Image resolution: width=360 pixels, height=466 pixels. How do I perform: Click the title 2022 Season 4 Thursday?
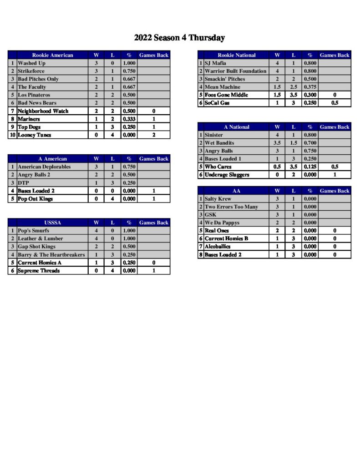[179, 38]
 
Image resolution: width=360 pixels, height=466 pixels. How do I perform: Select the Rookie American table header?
[52, 55]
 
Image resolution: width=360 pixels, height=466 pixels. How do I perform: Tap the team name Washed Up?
[31, 63]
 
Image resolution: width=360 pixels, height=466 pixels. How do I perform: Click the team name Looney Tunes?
[34, 135]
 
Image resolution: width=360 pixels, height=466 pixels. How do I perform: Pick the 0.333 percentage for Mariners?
[129, 119]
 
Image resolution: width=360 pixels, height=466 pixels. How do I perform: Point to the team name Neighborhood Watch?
[43, 111]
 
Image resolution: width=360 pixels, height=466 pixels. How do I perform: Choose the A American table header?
[52, 159]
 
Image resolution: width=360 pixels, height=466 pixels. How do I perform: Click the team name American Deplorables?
[44, 167]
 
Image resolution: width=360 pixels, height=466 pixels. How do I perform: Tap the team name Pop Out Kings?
[35, 199]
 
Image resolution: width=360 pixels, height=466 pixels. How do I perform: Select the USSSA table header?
[52, 223]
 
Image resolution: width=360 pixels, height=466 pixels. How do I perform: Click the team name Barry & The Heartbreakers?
[51, 255]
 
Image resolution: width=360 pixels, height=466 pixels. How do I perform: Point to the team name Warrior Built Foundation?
[235, 71]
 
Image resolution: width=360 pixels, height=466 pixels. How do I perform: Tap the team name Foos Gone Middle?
[226, 95]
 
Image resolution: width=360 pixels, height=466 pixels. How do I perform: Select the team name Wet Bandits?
[219, 143]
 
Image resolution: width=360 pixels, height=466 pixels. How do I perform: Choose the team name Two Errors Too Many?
[231, 207]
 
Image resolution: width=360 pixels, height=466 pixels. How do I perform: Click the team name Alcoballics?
[218, 247]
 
